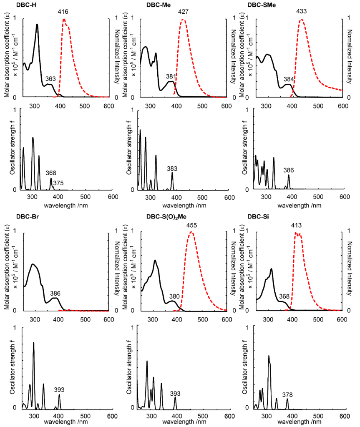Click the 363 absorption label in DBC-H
(50, 78)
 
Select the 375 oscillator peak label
(59, 183)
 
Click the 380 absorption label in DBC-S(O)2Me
(174, 296)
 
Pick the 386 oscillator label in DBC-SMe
(289, 170)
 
